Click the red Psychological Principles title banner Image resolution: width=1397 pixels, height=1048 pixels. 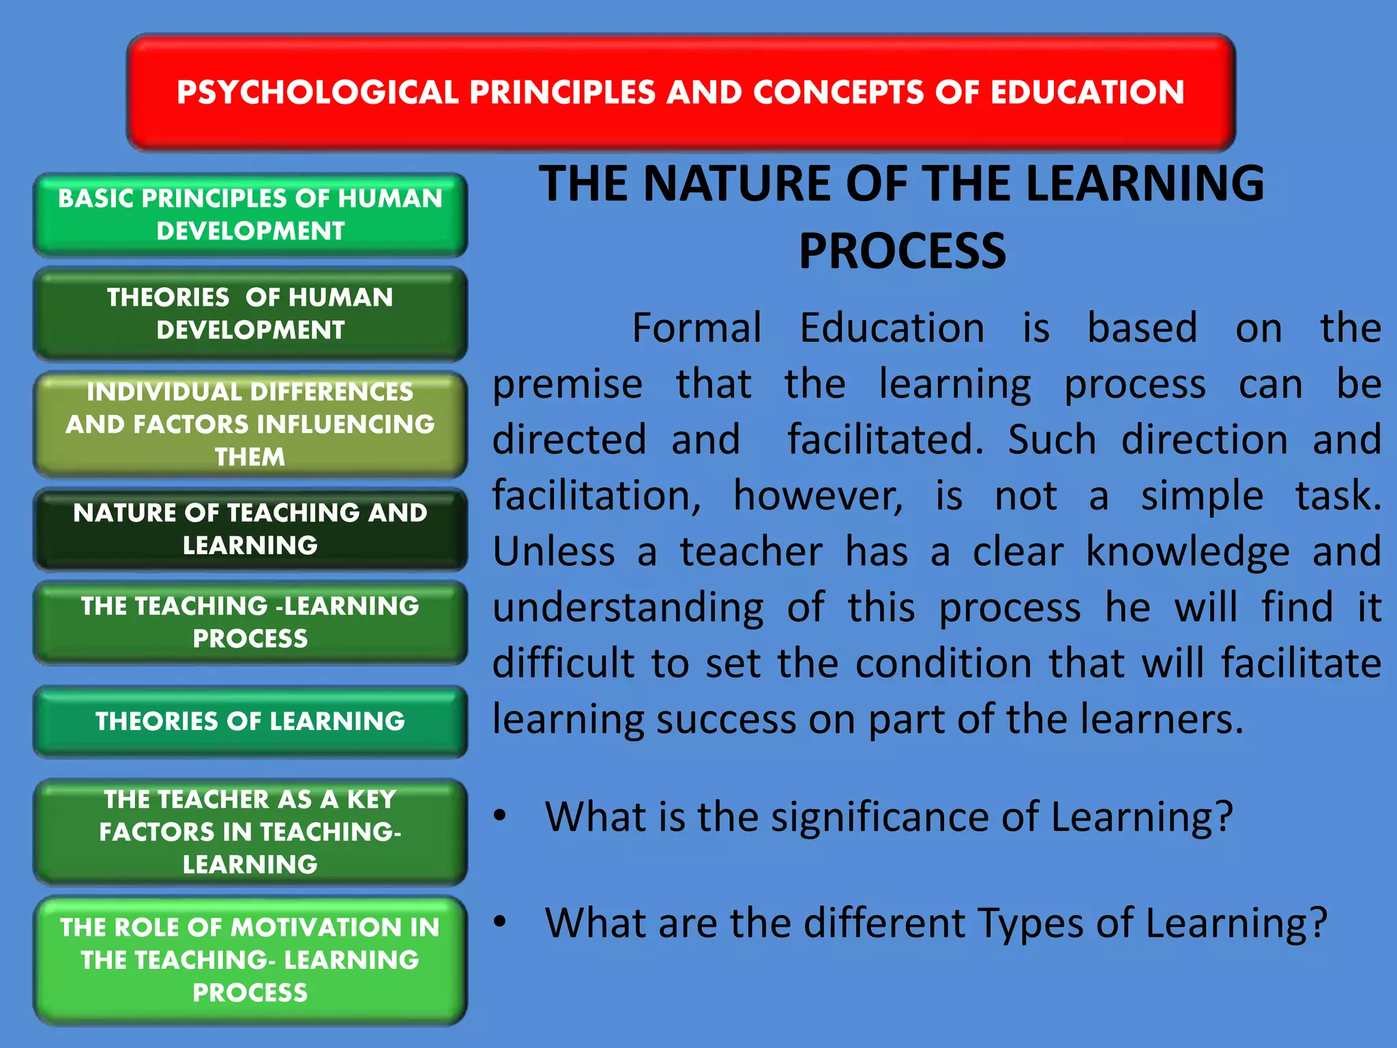point(681,92)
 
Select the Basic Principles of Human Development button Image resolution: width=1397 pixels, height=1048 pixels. point(250,215)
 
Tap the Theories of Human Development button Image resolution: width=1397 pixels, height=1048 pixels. point(250,314)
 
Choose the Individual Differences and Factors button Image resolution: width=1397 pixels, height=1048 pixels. point(250,424)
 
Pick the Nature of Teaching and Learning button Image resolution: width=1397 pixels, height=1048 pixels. point(250,529)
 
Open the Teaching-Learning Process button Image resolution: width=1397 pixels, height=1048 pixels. point(250,622)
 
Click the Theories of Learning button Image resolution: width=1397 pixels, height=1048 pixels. point(250,721)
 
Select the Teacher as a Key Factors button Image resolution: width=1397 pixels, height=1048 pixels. point(250,832)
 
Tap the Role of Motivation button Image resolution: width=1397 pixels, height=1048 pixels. point(250,960)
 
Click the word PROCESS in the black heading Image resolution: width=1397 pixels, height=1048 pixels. point(902,251)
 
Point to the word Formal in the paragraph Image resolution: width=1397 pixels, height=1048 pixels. point(696,328)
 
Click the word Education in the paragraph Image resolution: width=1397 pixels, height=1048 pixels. point(892,328)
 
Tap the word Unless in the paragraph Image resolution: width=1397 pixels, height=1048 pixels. point(554,552)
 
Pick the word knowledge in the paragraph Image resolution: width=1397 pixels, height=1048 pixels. point(1188,552)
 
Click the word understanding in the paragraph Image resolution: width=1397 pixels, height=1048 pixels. point(628,609)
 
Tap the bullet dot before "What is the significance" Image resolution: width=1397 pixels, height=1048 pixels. point(501,815)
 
